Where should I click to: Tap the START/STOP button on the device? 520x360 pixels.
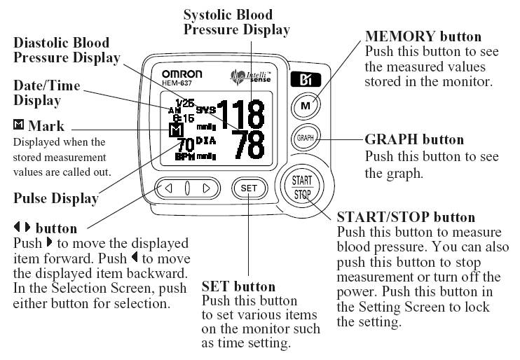click(302, 187)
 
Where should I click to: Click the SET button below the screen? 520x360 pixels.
click(248, 188)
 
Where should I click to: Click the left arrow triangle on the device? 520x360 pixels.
click(168, 188)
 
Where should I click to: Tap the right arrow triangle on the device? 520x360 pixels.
click(206, 188)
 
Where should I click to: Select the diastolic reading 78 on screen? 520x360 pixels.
click(247, 145)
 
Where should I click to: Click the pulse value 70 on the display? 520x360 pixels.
click(185, 145)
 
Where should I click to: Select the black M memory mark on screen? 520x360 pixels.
click(177, 131)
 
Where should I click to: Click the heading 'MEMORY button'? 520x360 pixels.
click(423, 36)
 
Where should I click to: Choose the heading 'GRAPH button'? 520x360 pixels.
click(414, 139)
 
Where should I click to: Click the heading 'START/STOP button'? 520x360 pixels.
click(406, 218)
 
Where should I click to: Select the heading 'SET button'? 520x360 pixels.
click(238, 286)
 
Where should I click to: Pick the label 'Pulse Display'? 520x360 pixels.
click(56, 198)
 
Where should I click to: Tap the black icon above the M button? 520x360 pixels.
click(306, 79)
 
